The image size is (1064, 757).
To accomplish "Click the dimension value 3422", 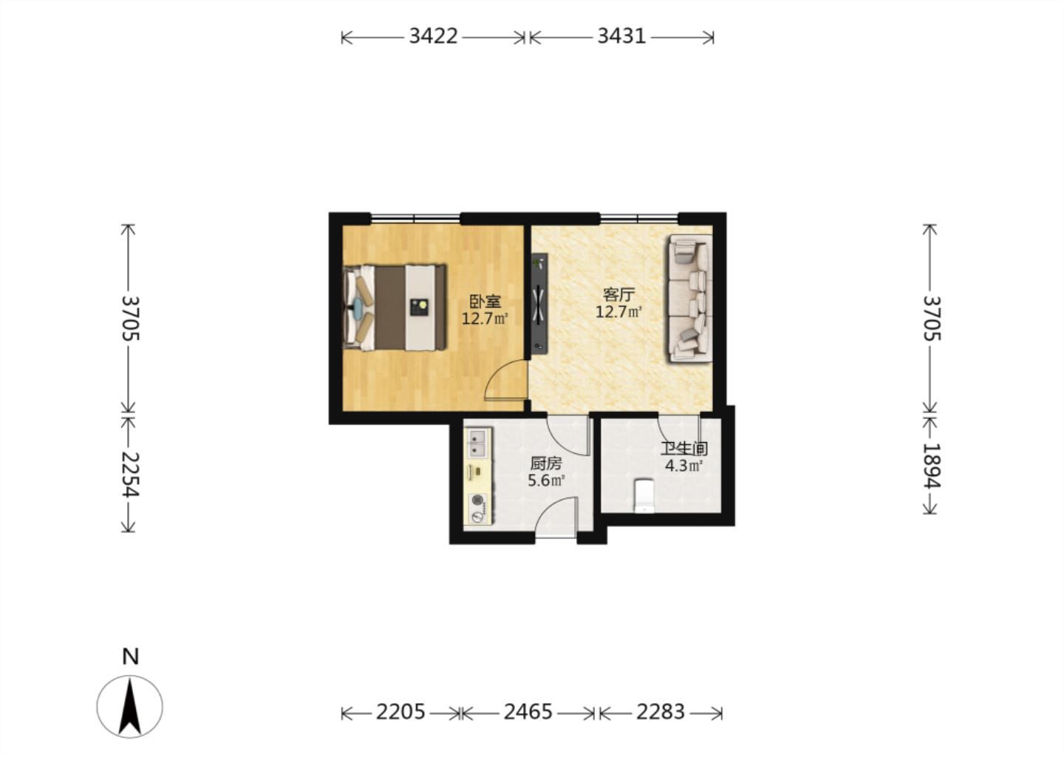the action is pyautogui.click(x=433, y=36).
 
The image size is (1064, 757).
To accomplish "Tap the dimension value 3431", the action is pyautogui.click(x=621, y=36).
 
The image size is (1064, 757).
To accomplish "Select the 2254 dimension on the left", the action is pyautogui.click(x=130, y=474).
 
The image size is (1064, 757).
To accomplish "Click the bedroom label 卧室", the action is pyautogui.click(x=485, y=302).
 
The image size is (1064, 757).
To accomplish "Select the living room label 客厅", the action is pyautogui.click(x=618, y=295).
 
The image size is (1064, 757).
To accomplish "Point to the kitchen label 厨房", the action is pyautogui.click(x=546, y=464).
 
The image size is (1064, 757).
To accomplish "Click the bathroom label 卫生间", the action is pyautogui.click(x=684, y=448).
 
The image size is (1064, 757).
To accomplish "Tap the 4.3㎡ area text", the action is pyautogui.click(x=683, y=466).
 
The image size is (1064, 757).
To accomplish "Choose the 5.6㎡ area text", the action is pyautogui.click(x=546, y=481).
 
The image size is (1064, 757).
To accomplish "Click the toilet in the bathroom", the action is pyautogui.click(x=644, y=495).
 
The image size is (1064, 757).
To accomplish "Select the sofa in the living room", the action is pyautogui.click(x=690, y=299).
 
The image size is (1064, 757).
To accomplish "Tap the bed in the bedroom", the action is pyautogui.click(x=395, y=308).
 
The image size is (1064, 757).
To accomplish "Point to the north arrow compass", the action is pyautogui.click(x=130, y=707).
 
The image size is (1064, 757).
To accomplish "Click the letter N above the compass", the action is pyautogui.click(x=131, y=656).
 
